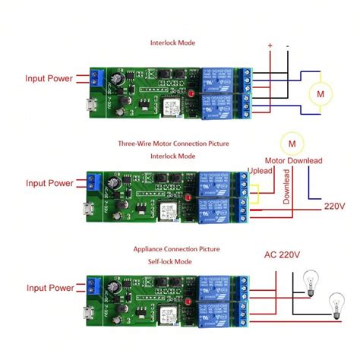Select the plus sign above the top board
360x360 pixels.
270,46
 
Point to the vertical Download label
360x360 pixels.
286,186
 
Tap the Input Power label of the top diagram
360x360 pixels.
49,78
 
